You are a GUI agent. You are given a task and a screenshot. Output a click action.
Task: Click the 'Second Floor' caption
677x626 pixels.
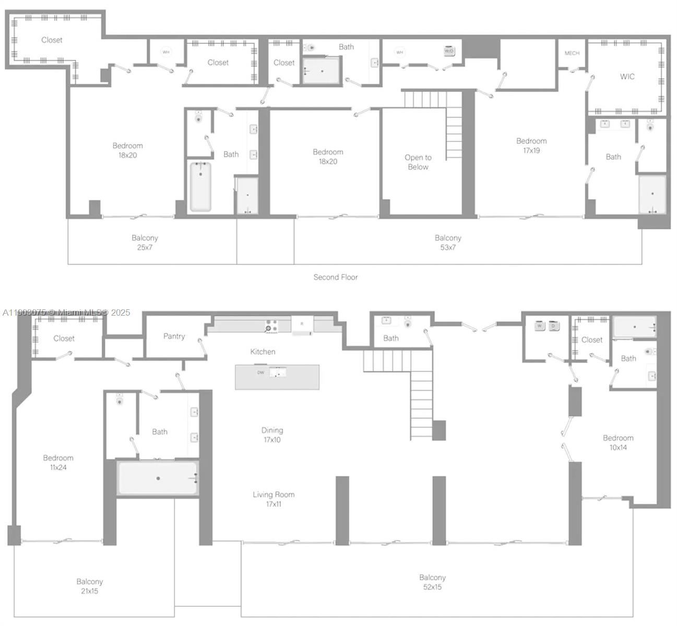[x=335, y=277]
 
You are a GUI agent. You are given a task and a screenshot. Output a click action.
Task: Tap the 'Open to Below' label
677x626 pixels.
[x=418, y=162]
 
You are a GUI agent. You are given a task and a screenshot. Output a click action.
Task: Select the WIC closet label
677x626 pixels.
[x=627, y=77]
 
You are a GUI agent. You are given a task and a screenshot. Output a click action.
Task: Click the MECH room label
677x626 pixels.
[x=572, y=53]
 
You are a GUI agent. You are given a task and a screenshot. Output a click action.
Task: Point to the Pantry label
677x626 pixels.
[x=174, y=336]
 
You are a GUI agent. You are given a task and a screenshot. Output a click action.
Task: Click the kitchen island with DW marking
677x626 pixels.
[x=277, y=377]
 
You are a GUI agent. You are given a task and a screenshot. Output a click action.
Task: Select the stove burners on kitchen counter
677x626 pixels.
[x=271, y=326]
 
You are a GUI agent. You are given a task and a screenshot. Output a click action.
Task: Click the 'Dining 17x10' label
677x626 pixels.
[x=272, y=435]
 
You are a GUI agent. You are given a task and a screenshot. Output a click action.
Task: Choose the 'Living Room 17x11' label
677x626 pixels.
[x=274, y=499]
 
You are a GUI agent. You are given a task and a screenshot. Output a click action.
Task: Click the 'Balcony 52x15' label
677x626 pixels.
[x=432, y=582]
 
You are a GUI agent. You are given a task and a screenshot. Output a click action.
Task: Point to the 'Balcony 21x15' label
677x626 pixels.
[x=89, y=586]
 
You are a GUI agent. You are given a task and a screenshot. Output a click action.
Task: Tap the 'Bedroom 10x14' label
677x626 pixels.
[x=618, y=442]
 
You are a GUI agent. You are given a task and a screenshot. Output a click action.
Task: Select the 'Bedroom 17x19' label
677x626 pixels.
[x=531, y=146]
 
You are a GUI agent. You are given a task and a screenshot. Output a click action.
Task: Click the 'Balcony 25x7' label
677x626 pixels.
[x=145, y=242]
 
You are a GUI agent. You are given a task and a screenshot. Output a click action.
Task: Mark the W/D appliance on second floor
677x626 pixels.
[x=449, y=51]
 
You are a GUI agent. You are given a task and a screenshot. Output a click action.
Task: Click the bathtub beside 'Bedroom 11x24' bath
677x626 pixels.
[x=158, y=478]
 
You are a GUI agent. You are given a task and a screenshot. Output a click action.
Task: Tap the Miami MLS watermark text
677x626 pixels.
[x=67, y=312]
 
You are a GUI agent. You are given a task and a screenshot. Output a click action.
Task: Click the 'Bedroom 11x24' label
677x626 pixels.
[x=58, y=462]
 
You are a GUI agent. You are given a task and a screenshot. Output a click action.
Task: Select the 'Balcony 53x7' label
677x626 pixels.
[x=448, y=242]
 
